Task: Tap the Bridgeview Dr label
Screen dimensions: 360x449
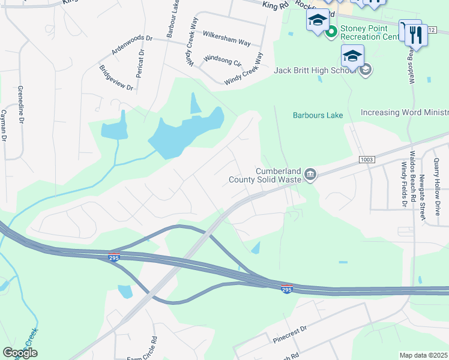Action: pyautogui.click(x=116, y=76)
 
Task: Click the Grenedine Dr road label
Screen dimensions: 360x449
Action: pyautogui.click(x=20, y=106)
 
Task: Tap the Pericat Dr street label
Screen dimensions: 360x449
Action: pyautogui.click(x=142, y=62)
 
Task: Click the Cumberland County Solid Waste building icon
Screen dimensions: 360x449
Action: pyautogui.click(x=310, y=175)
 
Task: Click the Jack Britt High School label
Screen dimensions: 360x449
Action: pyautogui.click(x=316, y=70)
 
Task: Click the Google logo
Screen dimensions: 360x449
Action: pyautogui.click(x=20, y=353)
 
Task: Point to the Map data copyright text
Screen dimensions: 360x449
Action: pyautogui.click(x=424, y=355)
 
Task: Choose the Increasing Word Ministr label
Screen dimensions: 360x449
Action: pyautogui.click(x=404, y=112)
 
